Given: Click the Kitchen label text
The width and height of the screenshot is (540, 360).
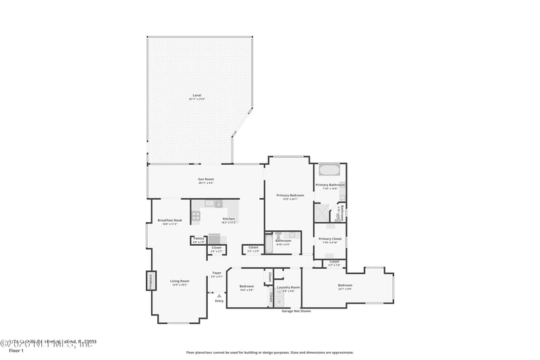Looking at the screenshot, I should (x=229, y=219).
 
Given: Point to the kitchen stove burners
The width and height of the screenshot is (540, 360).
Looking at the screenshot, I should (x=196, y=216).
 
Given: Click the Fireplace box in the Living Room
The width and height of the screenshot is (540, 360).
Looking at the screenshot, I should (x=151, y=280).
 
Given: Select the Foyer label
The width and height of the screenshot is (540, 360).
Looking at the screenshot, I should (x=217, y=273).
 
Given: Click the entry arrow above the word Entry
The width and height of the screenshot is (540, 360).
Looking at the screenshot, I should (x=219, y=295).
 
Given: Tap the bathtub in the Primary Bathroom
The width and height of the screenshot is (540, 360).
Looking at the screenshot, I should (x=330, y=170).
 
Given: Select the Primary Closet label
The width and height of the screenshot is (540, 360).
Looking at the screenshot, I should (x=330, y=239).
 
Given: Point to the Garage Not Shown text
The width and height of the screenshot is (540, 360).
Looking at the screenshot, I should (x=296, y=311).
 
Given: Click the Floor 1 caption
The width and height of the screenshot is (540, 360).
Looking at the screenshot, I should (x=15, y=351).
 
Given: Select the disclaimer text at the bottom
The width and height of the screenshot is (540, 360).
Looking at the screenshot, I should (x=269, y=353).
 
